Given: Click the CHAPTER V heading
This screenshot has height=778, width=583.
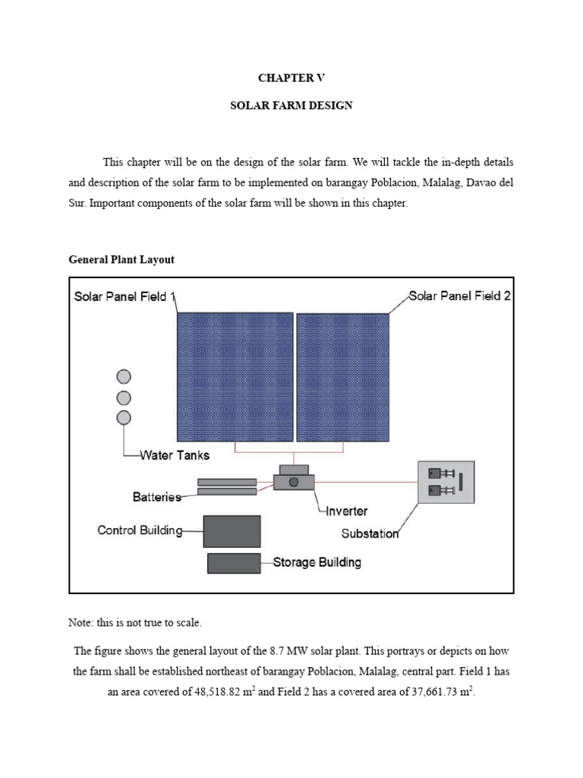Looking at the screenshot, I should pos(291,78).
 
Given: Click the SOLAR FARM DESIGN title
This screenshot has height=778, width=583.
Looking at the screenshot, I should pos(291,106).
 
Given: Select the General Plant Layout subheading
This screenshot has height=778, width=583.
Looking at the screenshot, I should pos(121,259).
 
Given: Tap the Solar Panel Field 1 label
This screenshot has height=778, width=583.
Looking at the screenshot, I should pos(125,296).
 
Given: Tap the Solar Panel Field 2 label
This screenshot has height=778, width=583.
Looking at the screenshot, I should pos(459,296).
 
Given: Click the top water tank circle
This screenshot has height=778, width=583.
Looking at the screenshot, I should pos(124,377).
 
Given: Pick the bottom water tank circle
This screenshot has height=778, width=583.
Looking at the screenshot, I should pos(124,417).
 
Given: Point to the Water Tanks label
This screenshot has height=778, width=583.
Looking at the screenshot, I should pos(175,456).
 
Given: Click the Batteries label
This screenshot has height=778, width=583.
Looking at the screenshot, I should pos(157,498).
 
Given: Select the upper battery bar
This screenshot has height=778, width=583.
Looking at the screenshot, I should pos(227,482).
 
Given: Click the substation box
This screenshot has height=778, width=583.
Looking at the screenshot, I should pos(446,482).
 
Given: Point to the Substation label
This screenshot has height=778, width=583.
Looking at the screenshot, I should pos(370,533).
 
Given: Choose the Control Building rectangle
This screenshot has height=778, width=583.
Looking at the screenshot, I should pos(232,531).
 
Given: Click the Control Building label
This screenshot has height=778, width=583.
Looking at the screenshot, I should pos(140,530).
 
